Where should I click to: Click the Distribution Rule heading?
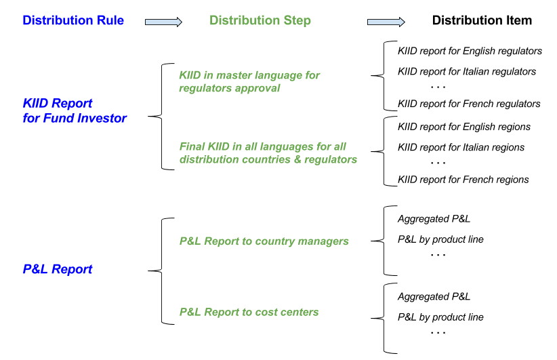pyautogui.click(x=73, y=20)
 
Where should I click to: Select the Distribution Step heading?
pyautogui.click(x=260, y=20)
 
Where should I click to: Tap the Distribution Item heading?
pyautogui.click(x=482, y=20)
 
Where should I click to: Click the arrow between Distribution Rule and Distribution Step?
pyautogui.click(x=163, y=22)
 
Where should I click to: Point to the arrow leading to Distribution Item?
pyautogui.click(x=386, y=22)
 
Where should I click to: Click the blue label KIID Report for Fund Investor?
pyautogui.click(x=75, y=111)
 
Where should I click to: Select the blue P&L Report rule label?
pyautogui.click(x=58, y=269)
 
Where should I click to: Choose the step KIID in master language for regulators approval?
pyautogui.click(x=249, y=81)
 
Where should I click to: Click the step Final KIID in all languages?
pyautogui.click(x=268, y=153)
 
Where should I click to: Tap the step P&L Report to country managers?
pyautogui.click(x=264, y=241)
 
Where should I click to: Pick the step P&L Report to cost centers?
pyautogui.click(x=249, y=312)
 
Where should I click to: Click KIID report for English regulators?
pyautogui.click(x=470, y=51)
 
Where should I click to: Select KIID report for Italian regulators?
pyautogui.click(x=467, y=71)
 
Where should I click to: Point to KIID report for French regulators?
pyautogui.click(x=469, y=104)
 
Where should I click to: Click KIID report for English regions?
pyautogui.click(x=464, y=127)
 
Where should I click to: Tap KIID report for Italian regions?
pyautogui.click(x=461, y=148)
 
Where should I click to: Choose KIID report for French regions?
pyautogui.click(x=463, y=180)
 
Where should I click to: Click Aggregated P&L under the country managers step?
pyautogui.click(x=434, y=218)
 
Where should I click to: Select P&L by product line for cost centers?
pyautogui.click(x=440, y=317)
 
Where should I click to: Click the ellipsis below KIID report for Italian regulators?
pyautogui.click(x=438, y=87)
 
